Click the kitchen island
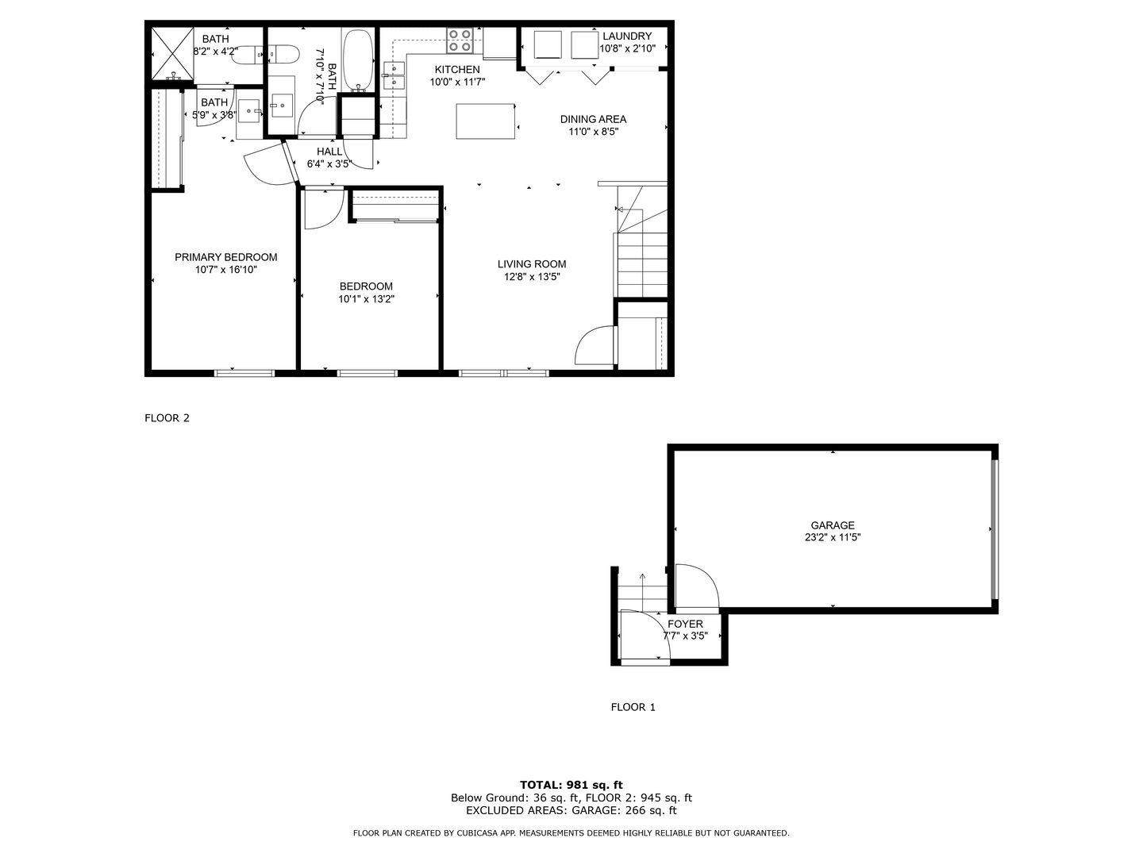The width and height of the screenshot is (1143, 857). pos(485,121)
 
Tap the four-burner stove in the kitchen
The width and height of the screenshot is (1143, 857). pos(460,40)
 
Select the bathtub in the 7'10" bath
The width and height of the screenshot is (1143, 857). pos(358,60)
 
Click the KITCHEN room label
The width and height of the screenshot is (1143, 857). pos(457,70)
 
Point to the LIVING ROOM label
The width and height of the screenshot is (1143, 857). pos(532,264)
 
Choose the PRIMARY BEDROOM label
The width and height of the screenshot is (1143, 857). pos(226,257)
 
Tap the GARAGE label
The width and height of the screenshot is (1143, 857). pos(833,525)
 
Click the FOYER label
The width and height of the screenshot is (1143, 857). pos(685,624)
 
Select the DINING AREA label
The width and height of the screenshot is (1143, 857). pos(593,119)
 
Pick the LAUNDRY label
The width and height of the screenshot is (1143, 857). pos(627,36)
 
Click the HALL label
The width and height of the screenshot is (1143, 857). pos(329,152)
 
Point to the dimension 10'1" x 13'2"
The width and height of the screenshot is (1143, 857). pos(366,299)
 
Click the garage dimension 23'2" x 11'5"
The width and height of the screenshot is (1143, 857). pos(833,537)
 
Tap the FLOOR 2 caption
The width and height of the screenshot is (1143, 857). pos(167,418)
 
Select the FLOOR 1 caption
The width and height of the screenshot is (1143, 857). pos(633,707)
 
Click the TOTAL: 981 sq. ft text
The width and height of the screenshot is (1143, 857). pos(571,785)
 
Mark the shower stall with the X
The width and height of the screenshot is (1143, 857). pos(172,54)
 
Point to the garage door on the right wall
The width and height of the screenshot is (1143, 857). pos(994,529)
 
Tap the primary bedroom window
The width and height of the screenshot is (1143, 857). pos(244,373)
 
